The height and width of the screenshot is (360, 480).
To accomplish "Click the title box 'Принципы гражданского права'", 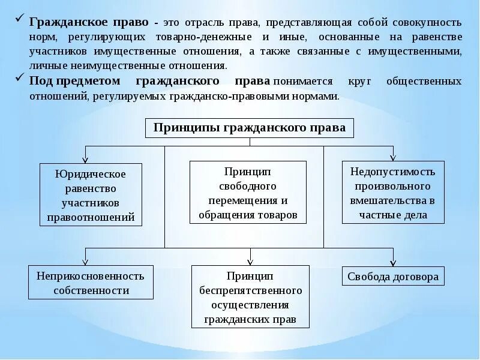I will [x=250, y=128].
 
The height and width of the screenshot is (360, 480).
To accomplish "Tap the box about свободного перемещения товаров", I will [x=248, y=193].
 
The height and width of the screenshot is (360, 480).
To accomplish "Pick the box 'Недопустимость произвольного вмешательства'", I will [x=394, y=193].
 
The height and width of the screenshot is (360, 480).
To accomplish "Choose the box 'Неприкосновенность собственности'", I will [x=91, y=283].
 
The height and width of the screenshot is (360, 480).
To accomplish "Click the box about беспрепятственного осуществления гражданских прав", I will [x=250, y=297].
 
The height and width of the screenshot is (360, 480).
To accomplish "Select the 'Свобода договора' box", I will [x=394, y=277].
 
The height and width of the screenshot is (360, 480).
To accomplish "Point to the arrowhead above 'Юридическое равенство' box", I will [x=85, y=159].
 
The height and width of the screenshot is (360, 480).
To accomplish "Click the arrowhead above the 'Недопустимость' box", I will [x=393, y=157].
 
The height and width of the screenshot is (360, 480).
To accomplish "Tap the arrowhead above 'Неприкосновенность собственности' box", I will [x=85, y=262].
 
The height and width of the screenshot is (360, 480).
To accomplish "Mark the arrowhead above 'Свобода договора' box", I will [x=393, y=262].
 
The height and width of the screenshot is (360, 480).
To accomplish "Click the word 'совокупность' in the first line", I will [x=428, y=22].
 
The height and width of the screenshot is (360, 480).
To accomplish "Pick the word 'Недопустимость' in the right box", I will [x=394, y=172].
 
